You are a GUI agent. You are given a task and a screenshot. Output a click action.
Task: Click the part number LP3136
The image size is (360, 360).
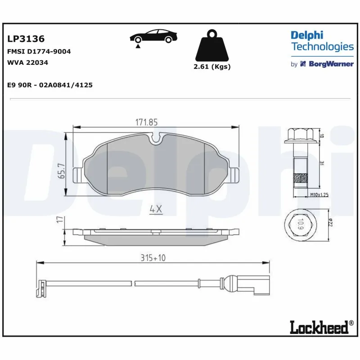point(26,40)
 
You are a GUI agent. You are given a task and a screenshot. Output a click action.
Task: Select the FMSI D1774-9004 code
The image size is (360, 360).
point(39,51)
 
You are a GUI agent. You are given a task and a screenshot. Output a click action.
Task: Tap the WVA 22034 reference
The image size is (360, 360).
point(27,63)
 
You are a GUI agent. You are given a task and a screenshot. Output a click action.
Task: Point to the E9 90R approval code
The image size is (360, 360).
point(50,85)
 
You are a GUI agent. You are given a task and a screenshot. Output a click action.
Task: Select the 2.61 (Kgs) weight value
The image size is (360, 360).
point(211,66)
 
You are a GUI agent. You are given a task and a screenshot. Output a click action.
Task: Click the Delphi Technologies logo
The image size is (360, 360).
point(322,41)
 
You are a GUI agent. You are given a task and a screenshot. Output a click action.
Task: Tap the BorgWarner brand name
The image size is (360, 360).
point(330,64)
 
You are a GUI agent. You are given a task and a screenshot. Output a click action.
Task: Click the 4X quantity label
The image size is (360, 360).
point(155,209)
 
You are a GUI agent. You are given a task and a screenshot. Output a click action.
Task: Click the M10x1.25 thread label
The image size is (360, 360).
point(319,195)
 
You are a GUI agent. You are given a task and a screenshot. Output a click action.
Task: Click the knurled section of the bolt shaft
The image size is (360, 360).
point(301,179)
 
